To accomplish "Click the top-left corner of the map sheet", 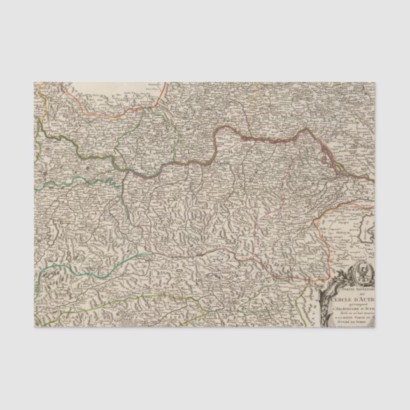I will [x=30, y=82].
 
